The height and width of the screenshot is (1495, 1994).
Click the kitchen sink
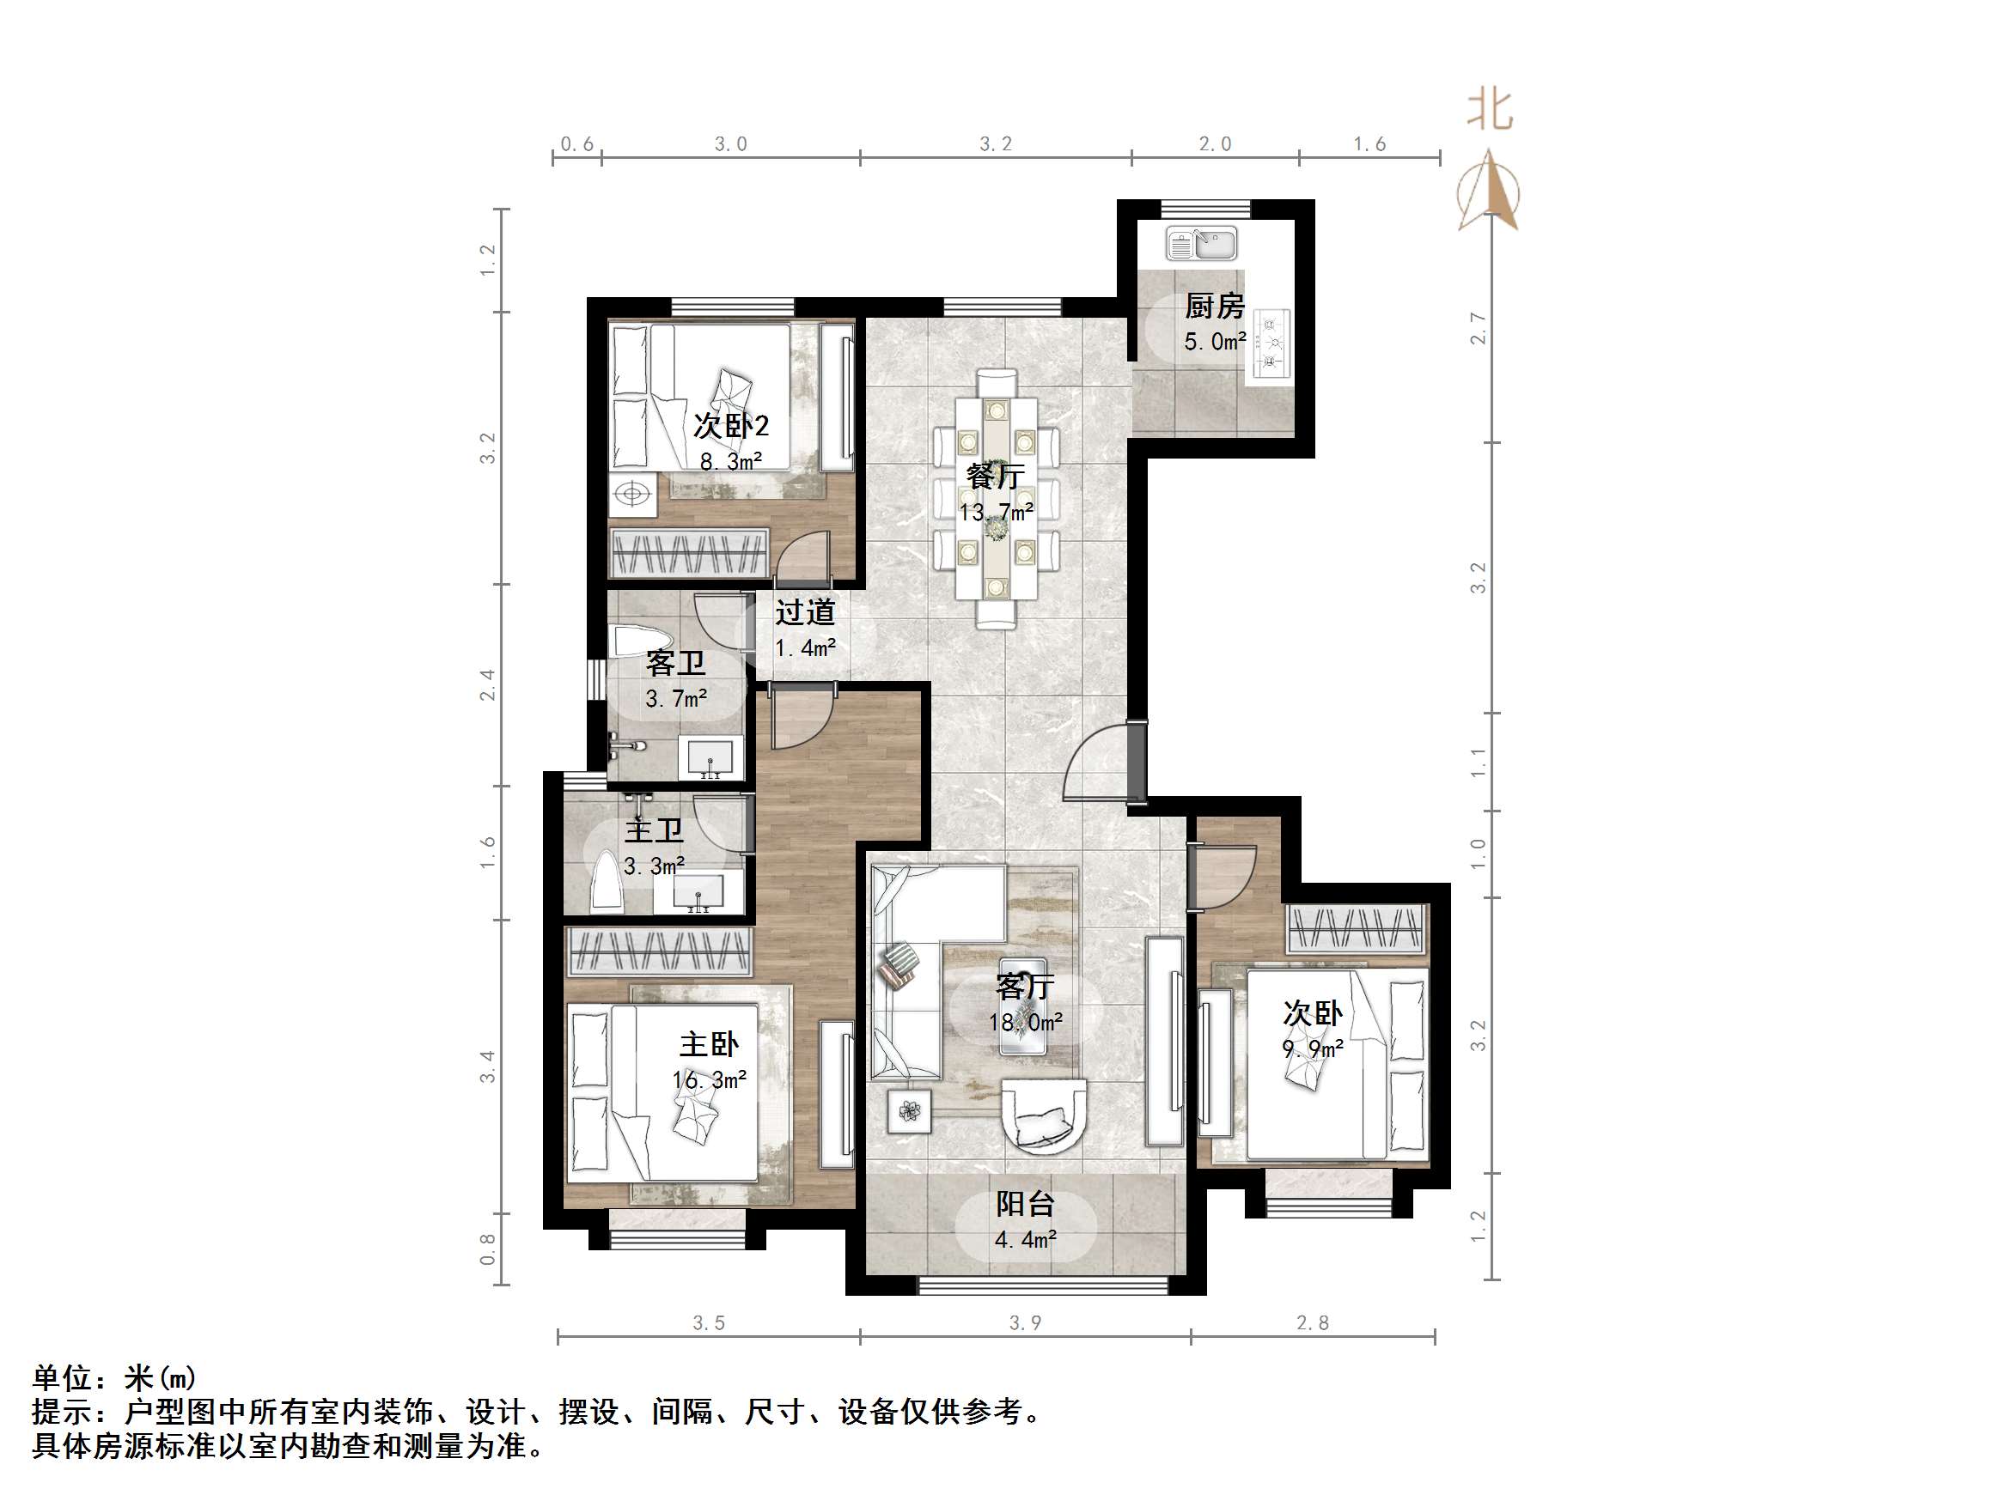tap(1201, 243)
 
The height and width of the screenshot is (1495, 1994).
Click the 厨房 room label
tap(1213, 307)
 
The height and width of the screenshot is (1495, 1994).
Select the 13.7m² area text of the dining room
tap(995, 513)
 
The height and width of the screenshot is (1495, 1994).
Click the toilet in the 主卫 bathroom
tap(605, 883)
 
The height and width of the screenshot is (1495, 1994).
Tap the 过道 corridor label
tap(805, 613)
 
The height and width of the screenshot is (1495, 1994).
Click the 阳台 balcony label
tap(1025, 1204)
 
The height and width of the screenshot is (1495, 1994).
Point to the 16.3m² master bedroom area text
tap(710, 1079)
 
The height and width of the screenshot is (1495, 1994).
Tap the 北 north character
tap(1489, 110)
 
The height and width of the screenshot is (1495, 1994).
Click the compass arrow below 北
tap(1489, 189)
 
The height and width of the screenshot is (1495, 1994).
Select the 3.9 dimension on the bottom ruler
tap(1025, 1323)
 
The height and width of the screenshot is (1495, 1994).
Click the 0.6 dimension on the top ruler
tap(577, 144)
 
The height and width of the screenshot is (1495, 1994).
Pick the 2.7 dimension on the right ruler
tap(1478, 328)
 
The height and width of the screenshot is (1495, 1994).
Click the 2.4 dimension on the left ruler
tap(488, 685)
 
